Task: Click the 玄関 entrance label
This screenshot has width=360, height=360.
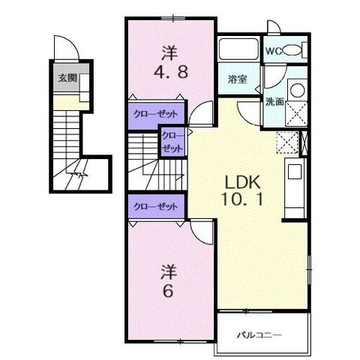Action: [x=67, y=78]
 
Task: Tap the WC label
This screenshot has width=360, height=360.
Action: [x=273, y=51]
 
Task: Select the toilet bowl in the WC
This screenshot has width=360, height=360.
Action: [x=291, y=50]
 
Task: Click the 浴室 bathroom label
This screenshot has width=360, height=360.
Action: [x=238, y=79]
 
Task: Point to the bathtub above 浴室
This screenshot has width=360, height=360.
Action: [x=238, y=49]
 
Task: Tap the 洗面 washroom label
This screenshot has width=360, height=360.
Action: [x=274, y=101]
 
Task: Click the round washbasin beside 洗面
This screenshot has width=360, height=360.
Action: [x=298, y=89]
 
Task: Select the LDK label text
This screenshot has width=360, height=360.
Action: [x=243, y=181]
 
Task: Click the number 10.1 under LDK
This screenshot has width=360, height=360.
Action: [x=242, y=199]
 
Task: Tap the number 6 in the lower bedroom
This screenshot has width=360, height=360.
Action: [x=168, y=290]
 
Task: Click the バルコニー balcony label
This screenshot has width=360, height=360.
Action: [x=259, y=334]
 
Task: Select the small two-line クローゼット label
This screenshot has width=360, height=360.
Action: [x=172, y=142]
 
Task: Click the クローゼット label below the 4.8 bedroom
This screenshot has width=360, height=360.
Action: [x=155, y=115]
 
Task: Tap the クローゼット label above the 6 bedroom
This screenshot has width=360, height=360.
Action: [x=155, y=206]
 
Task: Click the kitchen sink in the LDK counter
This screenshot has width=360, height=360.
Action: [x=295, y=171]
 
